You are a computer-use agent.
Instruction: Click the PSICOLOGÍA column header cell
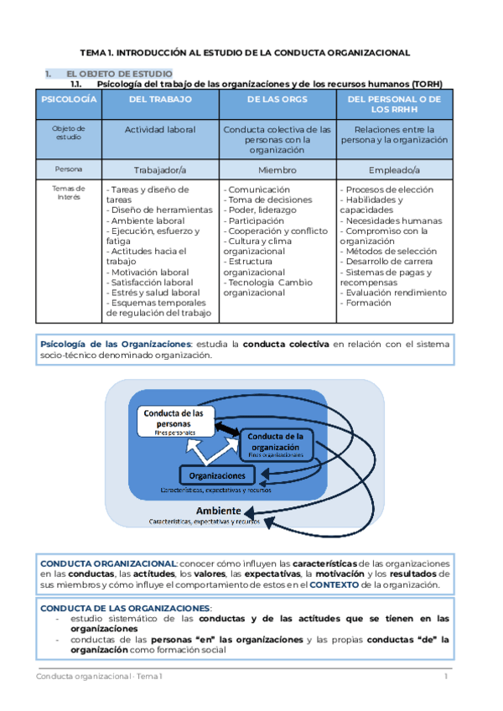point(70,104)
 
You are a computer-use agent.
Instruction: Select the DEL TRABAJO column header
point(160,100)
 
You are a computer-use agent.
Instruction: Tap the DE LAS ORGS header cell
point(277,100)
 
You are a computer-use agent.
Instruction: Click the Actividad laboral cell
point(160,130)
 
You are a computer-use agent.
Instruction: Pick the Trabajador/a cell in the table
point(160,169)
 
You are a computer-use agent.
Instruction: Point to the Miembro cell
point(277,169)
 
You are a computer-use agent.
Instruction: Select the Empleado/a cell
point(394,169)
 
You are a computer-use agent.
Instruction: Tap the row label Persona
point(70,169)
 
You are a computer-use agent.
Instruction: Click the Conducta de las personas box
point(174,419)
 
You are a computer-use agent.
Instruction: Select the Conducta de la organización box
point(276,442)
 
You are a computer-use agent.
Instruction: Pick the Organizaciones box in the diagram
point(216,475)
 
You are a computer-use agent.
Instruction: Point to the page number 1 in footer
point(446,676)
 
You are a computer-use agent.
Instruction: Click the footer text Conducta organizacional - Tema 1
point(100,676)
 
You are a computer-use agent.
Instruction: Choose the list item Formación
point(368,303)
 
